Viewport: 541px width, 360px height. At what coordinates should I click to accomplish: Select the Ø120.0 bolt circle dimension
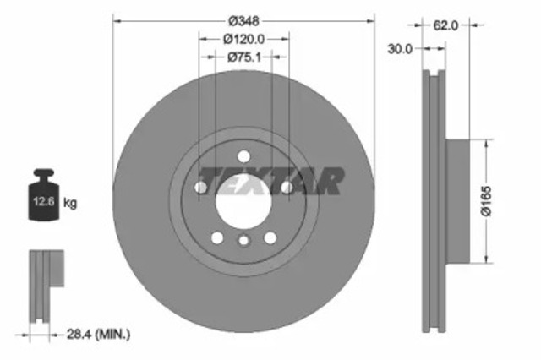(244, 39)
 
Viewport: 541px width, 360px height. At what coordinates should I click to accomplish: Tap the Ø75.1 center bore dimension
(244, 57)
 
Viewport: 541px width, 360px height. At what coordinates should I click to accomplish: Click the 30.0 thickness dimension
(400, 49)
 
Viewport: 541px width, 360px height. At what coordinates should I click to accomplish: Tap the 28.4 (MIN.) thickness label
(101, 335)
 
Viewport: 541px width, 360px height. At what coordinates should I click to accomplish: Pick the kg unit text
(71, 203)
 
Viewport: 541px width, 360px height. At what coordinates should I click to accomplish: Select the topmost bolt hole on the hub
(243, 155)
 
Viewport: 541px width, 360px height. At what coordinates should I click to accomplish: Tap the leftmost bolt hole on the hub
(202, 187)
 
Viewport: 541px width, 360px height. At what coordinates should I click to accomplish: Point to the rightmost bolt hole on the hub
(286, 187)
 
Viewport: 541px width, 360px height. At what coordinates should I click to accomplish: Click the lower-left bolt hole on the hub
(217, 237)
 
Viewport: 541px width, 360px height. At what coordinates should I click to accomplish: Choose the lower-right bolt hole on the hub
(270, 237)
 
